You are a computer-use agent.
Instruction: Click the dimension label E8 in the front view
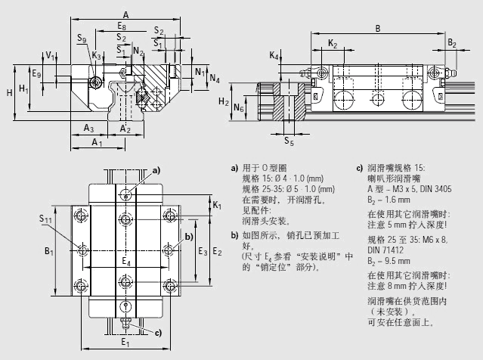point(122,27)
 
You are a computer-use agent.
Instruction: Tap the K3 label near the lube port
point(96,56)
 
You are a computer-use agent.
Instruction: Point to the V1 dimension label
point(49,56)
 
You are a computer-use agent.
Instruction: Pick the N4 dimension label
point(215,78)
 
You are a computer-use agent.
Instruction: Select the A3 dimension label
point(88,127)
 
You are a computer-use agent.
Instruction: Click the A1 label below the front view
point(96,142)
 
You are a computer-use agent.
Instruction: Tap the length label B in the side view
point(377,28)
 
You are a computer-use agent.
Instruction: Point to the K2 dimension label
point(333,44)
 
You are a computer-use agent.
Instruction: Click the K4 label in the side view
point(274,57)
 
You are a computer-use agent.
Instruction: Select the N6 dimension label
point(239,109)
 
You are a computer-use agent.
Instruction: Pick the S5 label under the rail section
point(289,141)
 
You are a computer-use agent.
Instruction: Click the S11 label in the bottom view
point(46,219)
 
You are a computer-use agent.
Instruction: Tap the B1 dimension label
point(48,250)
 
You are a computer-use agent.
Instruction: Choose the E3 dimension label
point(202,250)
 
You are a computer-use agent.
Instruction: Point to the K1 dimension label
point(217,205)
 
